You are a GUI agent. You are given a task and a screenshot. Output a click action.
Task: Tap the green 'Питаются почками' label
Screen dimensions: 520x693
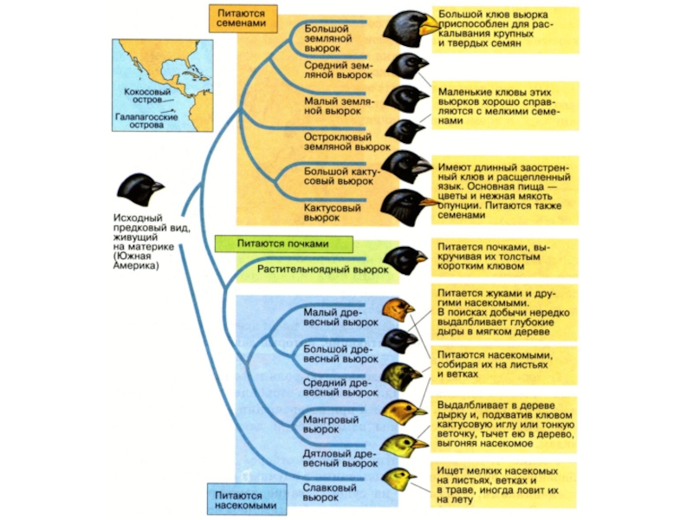click(271, 244)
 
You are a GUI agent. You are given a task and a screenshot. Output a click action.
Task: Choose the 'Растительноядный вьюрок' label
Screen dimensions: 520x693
click(323, 270)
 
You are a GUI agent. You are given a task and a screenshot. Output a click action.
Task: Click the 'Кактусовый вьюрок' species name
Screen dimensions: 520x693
click(333, 210)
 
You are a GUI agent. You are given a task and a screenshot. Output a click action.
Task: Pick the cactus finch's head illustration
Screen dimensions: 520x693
click(404, 205)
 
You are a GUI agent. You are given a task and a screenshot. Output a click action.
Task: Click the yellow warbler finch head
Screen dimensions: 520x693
click(398, 478)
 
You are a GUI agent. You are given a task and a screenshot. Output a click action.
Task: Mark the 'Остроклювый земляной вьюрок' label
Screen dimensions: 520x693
click(338, 143)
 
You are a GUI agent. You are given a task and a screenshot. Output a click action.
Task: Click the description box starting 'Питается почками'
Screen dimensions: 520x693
click(492, 257)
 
